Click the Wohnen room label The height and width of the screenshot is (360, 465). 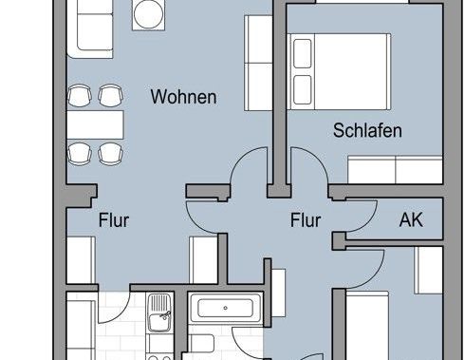tap(184, 97)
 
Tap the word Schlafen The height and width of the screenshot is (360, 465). tap(367, 131)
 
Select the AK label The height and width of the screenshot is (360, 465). tap(411, 220)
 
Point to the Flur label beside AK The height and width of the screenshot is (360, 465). tap(306, 220)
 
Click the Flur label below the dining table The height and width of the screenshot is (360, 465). tap(114, 220)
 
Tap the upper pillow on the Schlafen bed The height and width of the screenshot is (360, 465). tap(305, 54)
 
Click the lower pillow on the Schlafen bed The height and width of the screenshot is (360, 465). tap(305, 89)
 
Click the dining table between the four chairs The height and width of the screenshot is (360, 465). tap(96, 123)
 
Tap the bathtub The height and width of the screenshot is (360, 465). tap(224, 309)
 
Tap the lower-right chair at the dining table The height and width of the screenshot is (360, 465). tap(111, 151)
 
